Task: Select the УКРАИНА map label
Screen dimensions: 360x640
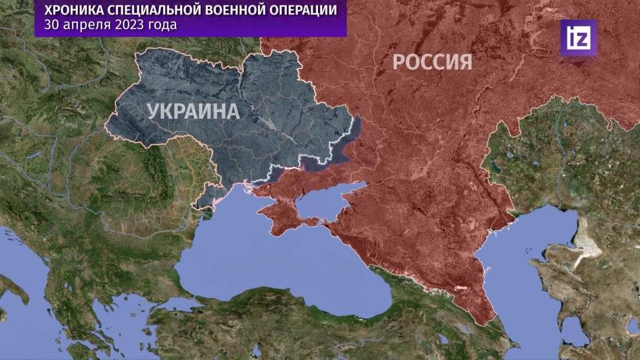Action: click(x=193, y=111)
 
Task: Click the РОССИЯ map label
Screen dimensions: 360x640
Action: click(x=432, y=62)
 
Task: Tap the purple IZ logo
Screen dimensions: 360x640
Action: click(x=578, y=38)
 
